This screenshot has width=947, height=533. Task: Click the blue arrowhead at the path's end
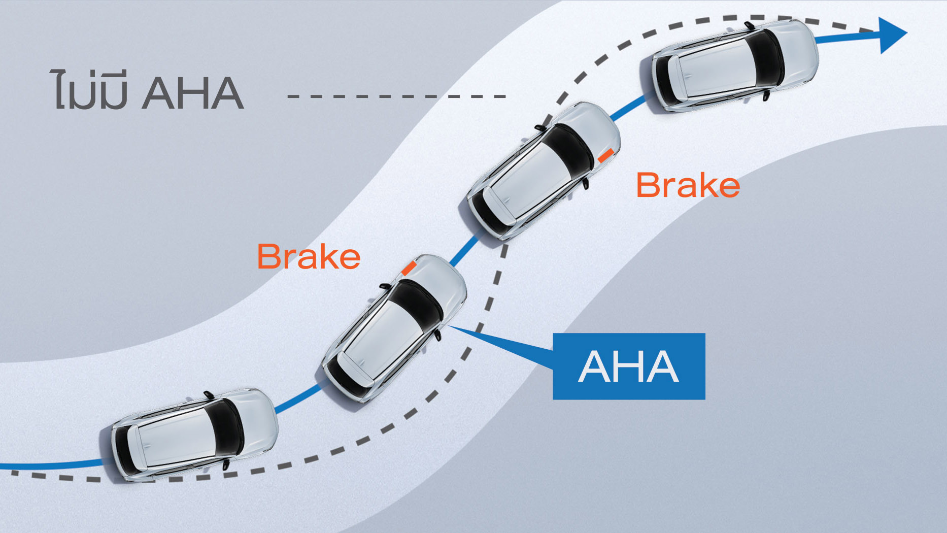(x=892, y=35)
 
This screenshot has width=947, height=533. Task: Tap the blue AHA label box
(x=629, y=366)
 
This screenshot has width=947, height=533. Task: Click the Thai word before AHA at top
(x=89, y=91)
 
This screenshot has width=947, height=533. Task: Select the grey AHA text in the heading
(x=193, y=93)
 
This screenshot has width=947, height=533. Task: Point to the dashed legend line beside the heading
(x=396, y=95)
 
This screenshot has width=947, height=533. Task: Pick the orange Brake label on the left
(x=309, y=256)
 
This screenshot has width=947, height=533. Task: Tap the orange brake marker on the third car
(x=605, y=155)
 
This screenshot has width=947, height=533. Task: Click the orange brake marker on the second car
(x=408, y=268)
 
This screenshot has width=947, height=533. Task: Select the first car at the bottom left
(x=195, y=435)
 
